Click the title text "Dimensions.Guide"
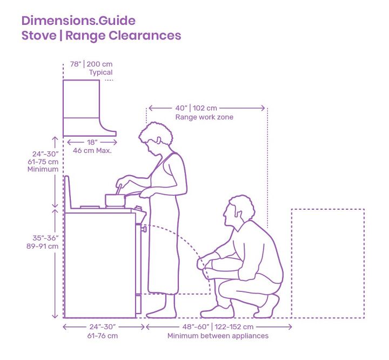point(78,21)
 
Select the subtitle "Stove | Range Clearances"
point(101,36)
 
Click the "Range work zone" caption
point(204,117)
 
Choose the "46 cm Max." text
point(92,151)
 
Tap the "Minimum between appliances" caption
point(218,336)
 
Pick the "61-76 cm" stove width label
point(103,336)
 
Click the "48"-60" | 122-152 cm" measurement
point(218,327)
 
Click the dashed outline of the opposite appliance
point(327,263)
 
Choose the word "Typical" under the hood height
point(100,72)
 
